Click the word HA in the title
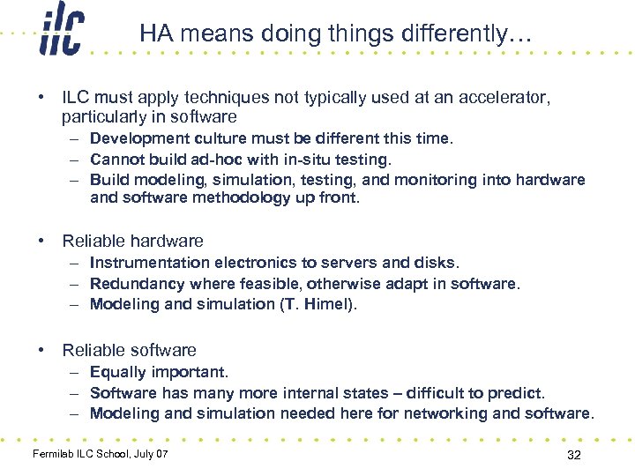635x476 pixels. pos(155,34)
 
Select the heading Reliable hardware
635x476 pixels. pos(132,241)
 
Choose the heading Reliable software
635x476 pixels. pos(129,350)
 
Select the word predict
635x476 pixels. pos(517,393)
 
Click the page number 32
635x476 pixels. pos(574,455)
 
